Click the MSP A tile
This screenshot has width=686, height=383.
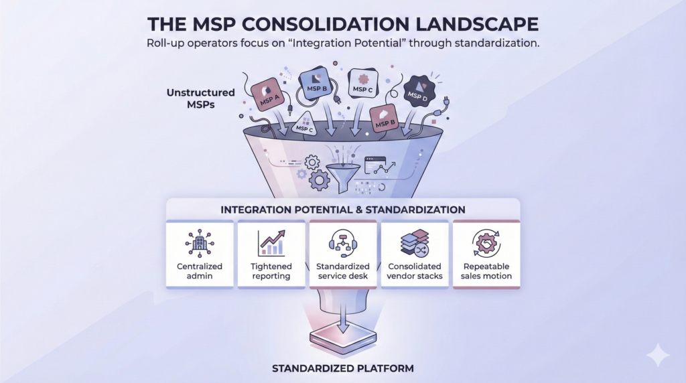tap(267, 95)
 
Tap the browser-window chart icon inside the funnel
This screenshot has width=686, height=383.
tap(375, 165)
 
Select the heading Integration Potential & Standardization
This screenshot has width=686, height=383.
tap(343, 210)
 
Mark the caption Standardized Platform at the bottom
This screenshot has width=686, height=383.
tap(343, 368)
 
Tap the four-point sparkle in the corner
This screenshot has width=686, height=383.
tap(658, 355)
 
